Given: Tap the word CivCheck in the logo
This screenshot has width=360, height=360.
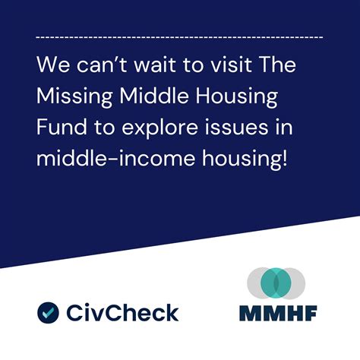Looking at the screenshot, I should click(x=122, y=312).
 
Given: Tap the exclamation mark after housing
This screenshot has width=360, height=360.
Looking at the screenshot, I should click(x=284, y=159).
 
